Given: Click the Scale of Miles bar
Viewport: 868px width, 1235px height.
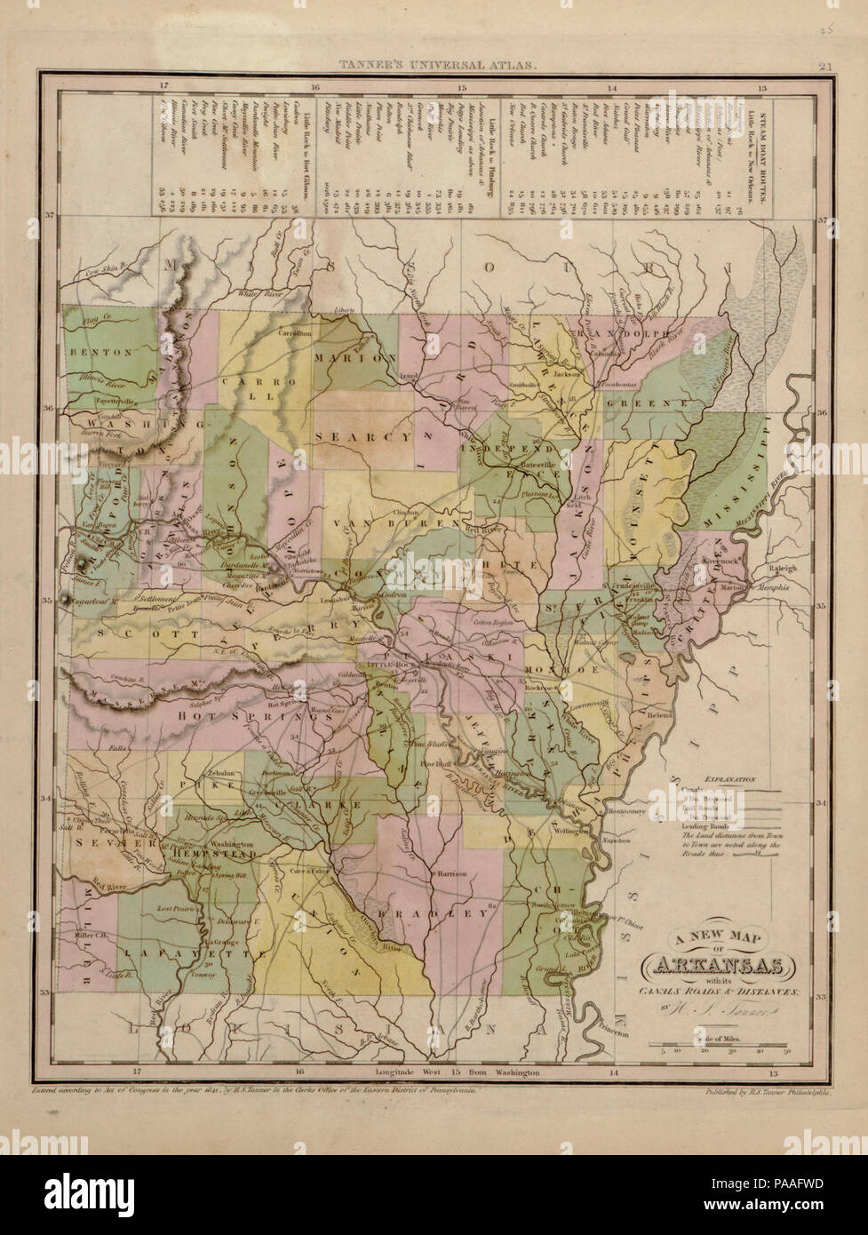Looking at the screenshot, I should (x=721, y=1042).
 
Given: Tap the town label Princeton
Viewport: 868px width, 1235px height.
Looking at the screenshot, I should (x=627, y=1033).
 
